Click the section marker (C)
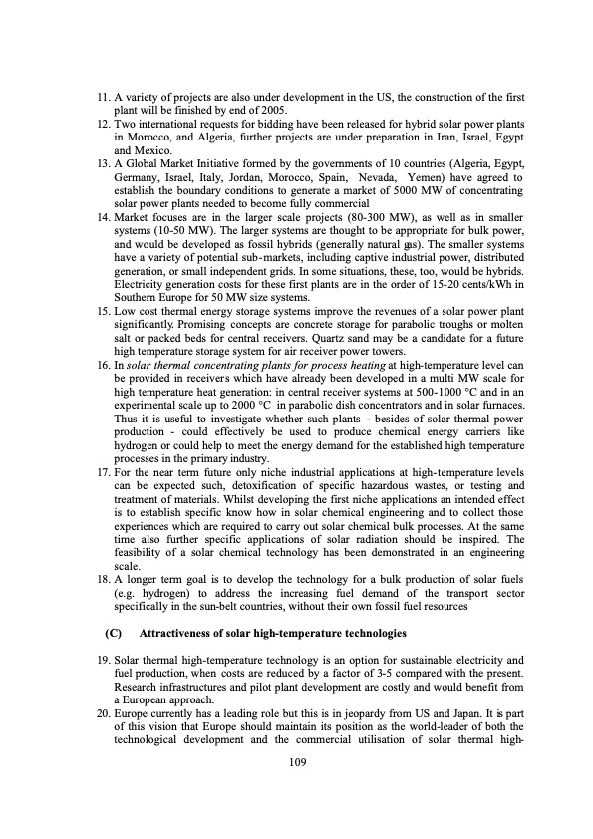tap(113, 633)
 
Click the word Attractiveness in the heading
tap(182, 633)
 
